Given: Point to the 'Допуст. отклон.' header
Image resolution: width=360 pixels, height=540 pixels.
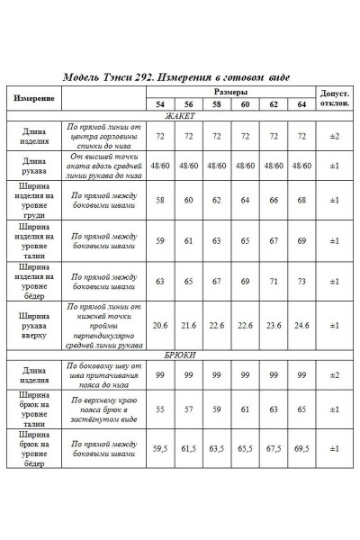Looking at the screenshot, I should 333,98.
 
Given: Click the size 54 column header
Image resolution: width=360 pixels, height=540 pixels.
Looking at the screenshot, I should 160,105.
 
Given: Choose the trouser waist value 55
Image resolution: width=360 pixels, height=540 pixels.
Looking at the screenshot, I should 160,409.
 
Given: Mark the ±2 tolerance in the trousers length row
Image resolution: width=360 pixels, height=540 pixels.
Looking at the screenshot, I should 333,373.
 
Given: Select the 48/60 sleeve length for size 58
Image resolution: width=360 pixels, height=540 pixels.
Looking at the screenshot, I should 216,166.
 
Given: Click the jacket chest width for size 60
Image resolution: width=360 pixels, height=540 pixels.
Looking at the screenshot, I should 244,200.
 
